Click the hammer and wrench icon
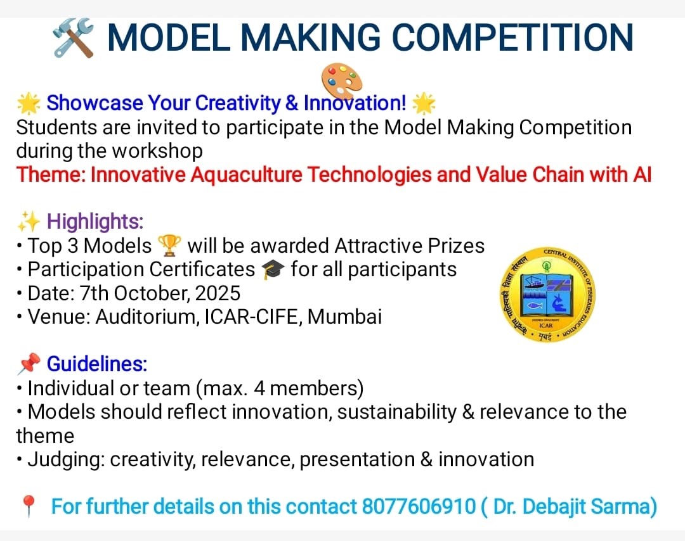(x=73, y=38)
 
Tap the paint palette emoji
(x=342, y=80)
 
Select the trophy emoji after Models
(x=169, y=246)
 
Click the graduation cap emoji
(x=273, y=269)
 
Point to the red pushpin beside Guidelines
(x=29, y=364)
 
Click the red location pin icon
(x=29, y=507)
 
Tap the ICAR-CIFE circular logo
(x=547, y=295)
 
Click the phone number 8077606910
(x=419, y=507)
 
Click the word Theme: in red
(x=51, y=174)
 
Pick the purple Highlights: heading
(x=95, y=222)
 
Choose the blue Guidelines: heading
(x=97, y=364)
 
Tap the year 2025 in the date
(x=218, y=293)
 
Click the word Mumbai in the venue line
(x=344, y=317)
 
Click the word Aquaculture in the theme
(x=246, y=175)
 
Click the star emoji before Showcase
(x=29, y=103)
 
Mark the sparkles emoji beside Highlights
(x=29, y=221)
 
